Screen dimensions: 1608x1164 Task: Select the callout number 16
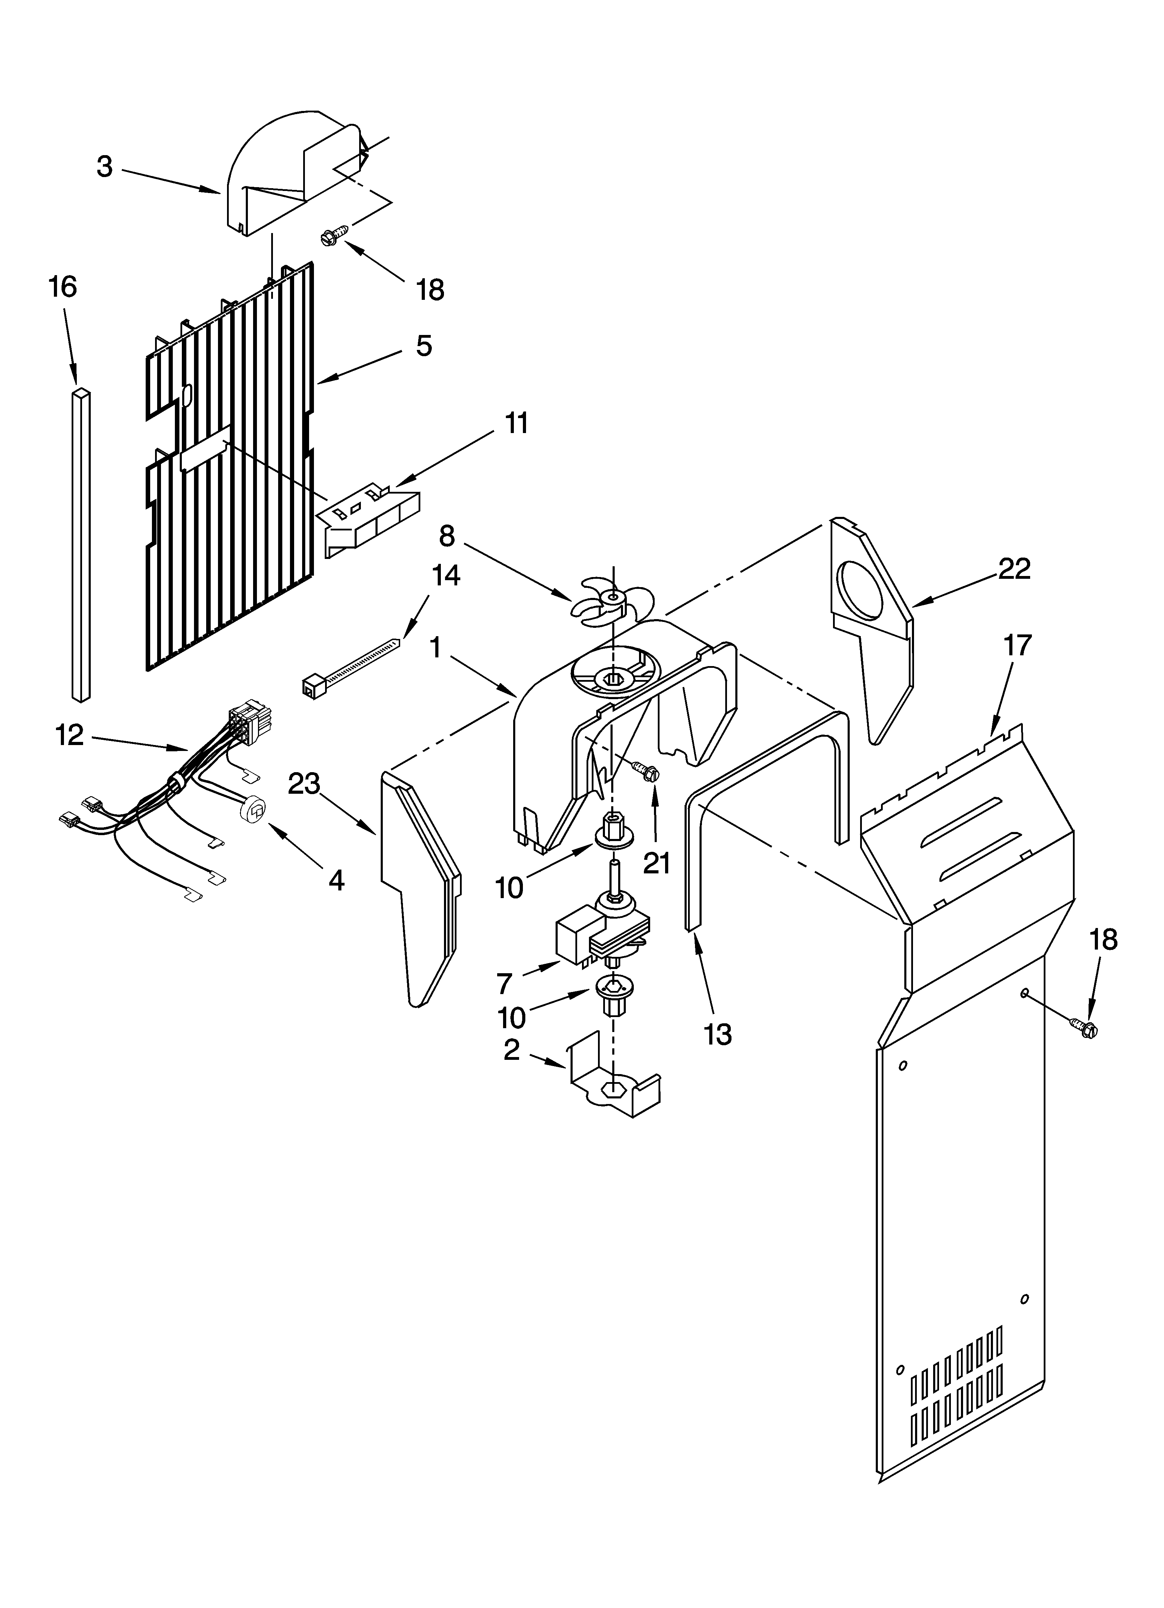click(62, 287)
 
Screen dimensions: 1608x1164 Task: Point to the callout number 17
click(1017, 646)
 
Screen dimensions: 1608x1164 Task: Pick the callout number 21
click(656, 864)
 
